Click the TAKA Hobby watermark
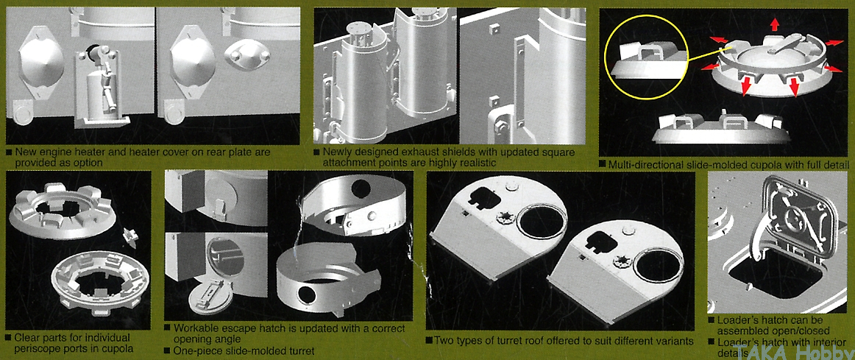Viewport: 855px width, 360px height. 794,353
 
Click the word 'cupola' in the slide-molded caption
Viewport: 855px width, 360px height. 749,164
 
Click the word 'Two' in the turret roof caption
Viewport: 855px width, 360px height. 444,341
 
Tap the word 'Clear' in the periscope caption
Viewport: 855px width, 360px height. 28,338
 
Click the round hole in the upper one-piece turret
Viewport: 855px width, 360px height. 361,188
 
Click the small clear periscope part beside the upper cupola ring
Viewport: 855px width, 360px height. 130,235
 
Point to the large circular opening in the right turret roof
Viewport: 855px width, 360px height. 659,264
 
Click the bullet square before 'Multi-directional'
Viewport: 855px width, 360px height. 603,164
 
